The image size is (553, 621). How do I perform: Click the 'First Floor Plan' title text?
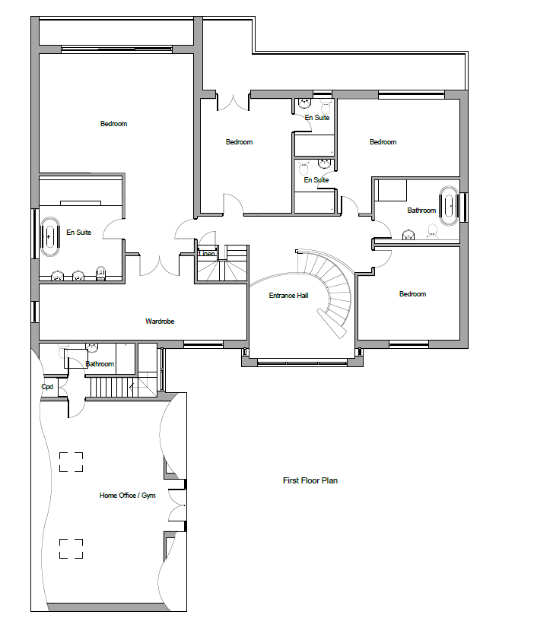(x=310, y=480)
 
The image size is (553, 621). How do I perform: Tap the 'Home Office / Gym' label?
(x=127, y=496)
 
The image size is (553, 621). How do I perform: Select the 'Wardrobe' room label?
(x=160, y=322)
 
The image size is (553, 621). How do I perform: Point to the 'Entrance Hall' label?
(x=288, y=295)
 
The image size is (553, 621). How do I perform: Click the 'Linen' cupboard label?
(x=207, y=253)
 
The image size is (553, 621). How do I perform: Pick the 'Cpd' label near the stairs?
(x=47, y=386)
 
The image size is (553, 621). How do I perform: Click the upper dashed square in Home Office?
(x=71, y=461)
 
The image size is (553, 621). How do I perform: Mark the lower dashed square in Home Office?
(x=71, y=548)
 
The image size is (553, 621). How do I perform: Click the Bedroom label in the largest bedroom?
(x=113, y=124)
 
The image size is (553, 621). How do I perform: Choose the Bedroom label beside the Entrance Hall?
(x=412, y=294)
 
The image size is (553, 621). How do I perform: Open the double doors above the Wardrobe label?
(x=160, y=263)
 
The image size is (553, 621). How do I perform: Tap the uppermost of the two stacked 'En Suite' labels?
(x=316, y=118)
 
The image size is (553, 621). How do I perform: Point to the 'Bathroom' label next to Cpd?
(x=100, y=364)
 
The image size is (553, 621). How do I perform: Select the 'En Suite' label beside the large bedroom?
(x=78, y=233)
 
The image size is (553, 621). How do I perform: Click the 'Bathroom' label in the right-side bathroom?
(x=421, y=211)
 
